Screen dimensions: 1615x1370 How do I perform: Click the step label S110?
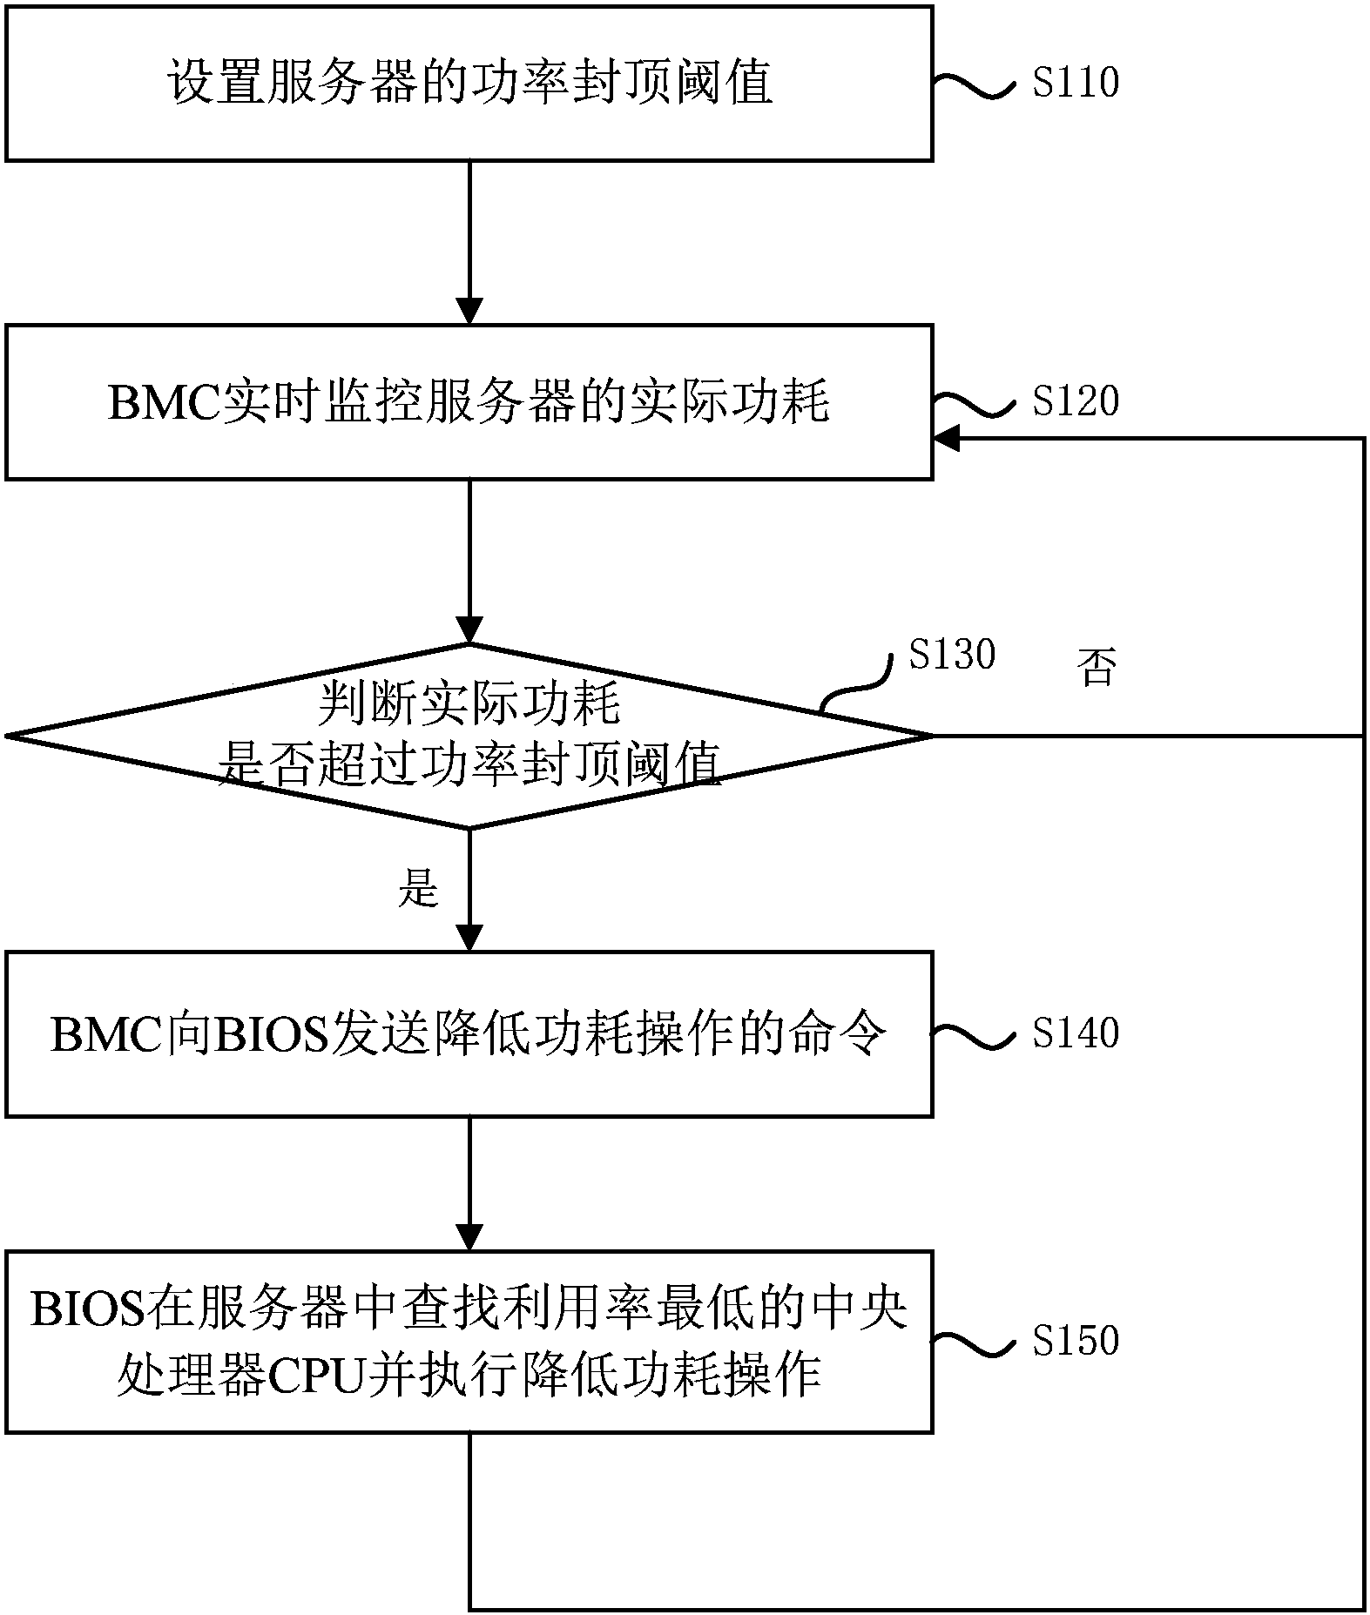1075,83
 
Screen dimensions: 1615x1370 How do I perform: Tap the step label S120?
1075,401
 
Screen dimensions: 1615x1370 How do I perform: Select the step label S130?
951,654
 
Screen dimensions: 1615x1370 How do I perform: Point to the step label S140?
1075,1033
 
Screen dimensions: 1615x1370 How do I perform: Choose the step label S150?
1075,1340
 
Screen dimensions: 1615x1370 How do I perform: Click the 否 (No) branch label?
1097,668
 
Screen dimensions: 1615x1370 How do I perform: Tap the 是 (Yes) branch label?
418,889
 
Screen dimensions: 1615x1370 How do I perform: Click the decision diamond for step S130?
469,736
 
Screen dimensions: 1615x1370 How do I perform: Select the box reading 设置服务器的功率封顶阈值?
469,84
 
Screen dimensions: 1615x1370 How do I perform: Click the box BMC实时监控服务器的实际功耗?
469,402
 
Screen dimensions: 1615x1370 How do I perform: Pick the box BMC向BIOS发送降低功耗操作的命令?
469,1034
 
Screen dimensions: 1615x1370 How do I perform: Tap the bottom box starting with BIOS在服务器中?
469,1342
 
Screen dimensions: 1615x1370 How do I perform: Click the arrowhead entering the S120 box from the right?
946,439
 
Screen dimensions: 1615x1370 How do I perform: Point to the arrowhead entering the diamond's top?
469,630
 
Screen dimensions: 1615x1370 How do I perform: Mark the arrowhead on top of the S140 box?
469,939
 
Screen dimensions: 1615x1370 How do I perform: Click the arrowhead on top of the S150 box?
469,1237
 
